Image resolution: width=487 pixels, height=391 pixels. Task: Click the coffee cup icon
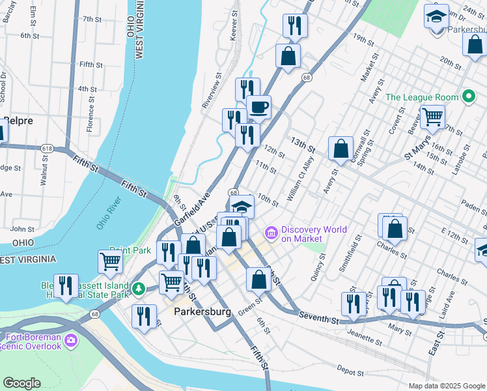click(258, 107)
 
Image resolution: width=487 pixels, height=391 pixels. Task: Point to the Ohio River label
click(109, 214)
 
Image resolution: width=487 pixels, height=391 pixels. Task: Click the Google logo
click(21, 383)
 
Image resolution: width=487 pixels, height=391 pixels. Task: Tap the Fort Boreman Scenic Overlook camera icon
click(71, 340)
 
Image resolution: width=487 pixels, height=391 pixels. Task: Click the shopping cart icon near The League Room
click(432, 118)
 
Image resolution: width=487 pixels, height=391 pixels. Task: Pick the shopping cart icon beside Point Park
click(110, 262)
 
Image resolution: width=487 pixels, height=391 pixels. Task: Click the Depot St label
click(351, 371)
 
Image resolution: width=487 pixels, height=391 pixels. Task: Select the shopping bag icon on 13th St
click(341, 149)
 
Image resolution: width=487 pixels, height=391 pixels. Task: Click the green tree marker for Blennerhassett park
click(137, 287)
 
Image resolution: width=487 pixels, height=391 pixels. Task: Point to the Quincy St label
click(321, 267)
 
